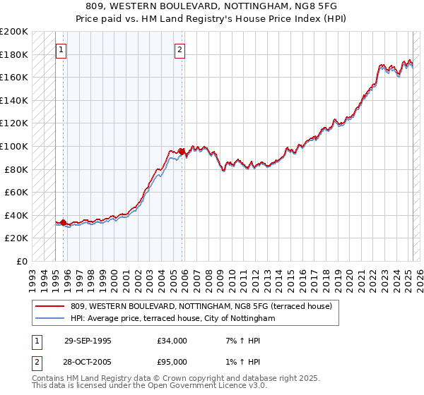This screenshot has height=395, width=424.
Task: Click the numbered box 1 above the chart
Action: pyautogui.click(x=61, y=49)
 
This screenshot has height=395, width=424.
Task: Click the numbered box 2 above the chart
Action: pyautogui.click(x=180, y=49)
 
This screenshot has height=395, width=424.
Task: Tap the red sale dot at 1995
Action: pyautogui.click(x=64, y=222)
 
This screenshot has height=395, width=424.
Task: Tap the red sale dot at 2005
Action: pyautogui.click(x=182, y=151)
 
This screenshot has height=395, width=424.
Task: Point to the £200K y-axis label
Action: pyautogui.click(x=14, y=32)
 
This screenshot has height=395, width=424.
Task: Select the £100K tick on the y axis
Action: pyautogui.click(x=14, y=146)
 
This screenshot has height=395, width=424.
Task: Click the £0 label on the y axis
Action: pyautogui.click(x=22, y=261)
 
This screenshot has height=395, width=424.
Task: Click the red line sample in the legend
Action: pyautogui.click(x=49, y=306)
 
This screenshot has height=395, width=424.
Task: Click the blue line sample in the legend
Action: pyautogui.click(x=49, y=319)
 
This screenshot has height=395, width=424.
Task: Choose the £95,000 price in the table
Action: pyautogui.click(x=172, y=362)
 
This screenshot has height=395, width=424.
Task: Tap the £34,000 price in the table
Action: pyautogui.click(x=172, y=341)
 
